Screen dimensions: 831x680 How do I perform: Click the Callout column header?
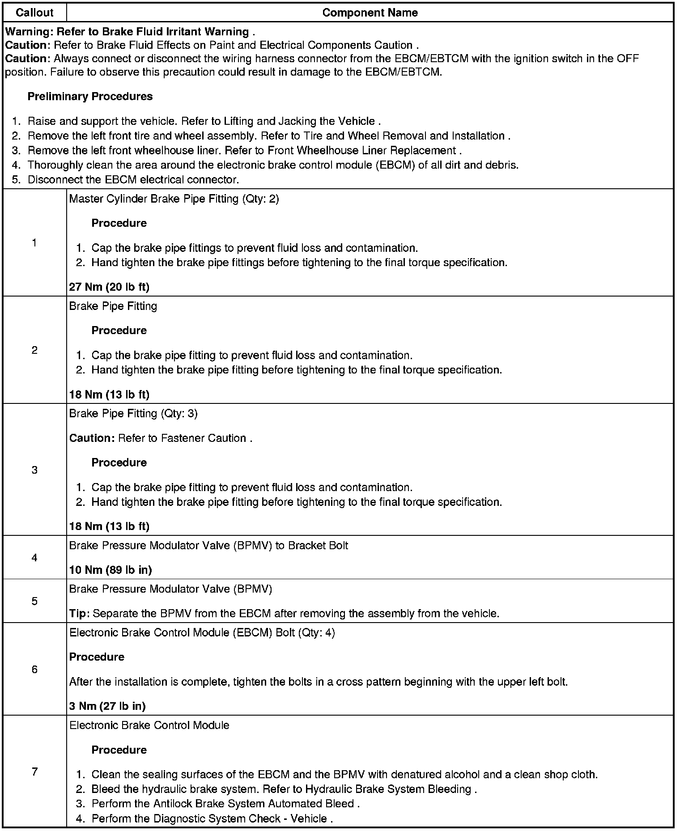pos(34,13)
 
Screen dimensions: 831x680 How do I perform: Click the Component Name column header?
pos(370,13)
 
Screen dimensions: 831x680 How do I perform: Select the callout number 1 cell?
pos(34,243)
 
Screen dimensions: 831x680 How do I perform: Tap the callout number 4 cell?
pos(34,557)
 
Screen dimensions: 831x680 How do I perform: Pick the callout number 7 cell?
pos(34,772)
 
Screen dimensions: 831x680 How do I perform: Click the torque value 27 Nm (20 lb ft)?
pos(109,287)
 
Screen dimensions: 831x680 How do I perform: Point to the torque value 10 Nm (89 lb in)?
pos(110,570)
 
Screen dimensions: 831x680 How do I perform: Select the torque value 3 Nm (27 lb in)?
pos(107,706)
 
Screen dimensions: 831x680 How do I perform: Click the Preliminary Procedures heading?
pos(90,96)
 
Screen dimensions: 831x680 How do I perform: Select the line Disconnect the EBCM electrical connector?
pos(133,180)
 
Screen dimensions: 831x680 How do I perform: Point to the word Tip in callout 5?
pos(79,613)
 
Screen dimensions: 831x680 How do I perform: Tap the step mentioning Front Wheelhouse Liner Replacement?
pos(244,150)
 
